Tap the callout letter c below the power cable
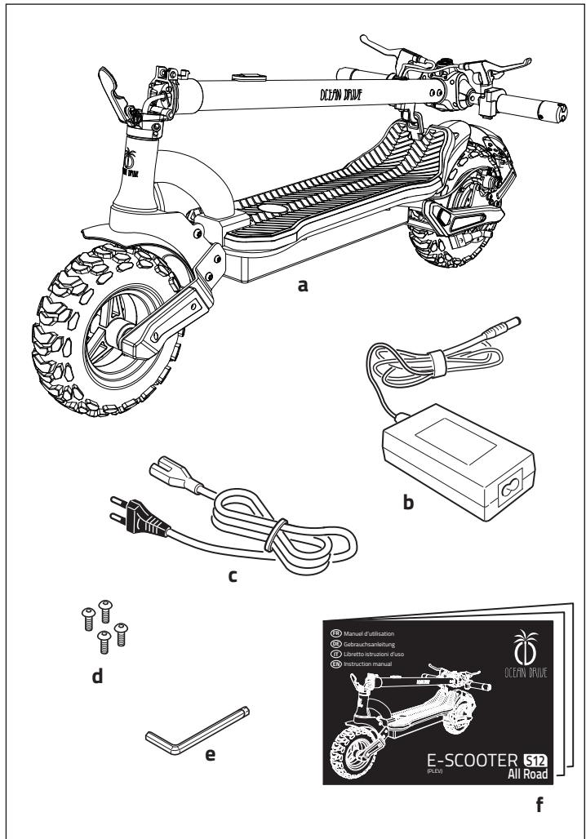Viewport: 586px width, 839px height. click(233, 575)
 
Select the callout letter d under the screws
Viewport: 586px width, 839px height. click(96, 677)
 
